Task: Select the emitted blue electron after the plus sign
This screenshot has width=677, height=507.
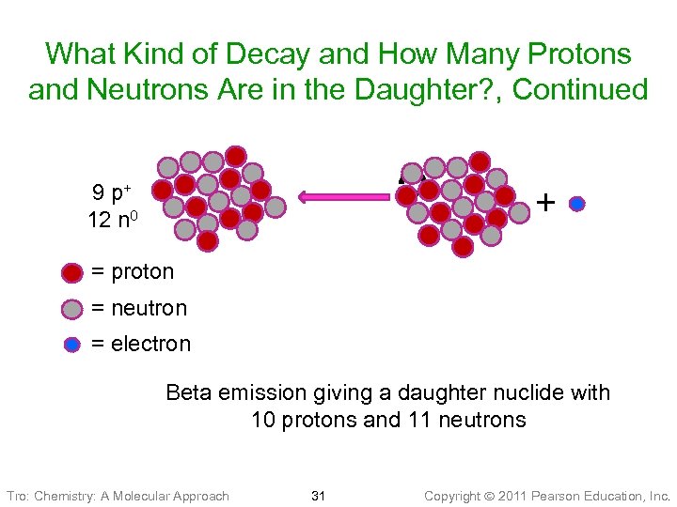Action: click(x=577, y=204)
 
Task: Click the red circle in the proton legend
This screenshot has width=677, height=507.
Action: click(x=72, y=273)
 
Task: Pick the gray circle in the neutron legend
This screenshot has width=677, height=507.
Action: click(x=72, y=309)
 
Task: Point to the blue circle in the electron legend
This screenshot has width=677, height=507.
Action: click(x=72, y=345)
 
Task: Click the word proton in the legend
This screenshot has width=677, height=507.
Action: click(x=142, y=272)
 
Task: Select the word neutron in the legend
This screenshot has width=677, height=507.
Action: click(x=149, y=308)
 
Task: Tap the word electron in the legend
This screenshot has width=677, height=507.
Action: click(x=150, y=344)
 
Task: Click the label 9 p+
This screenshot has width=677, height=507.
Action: click(x=111, y=194)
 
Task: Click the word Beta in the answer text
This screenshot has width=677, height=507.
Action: click(x=188, y=392)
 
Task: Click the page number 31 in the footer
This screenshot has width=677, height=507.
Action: click(x=319, y=495)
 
